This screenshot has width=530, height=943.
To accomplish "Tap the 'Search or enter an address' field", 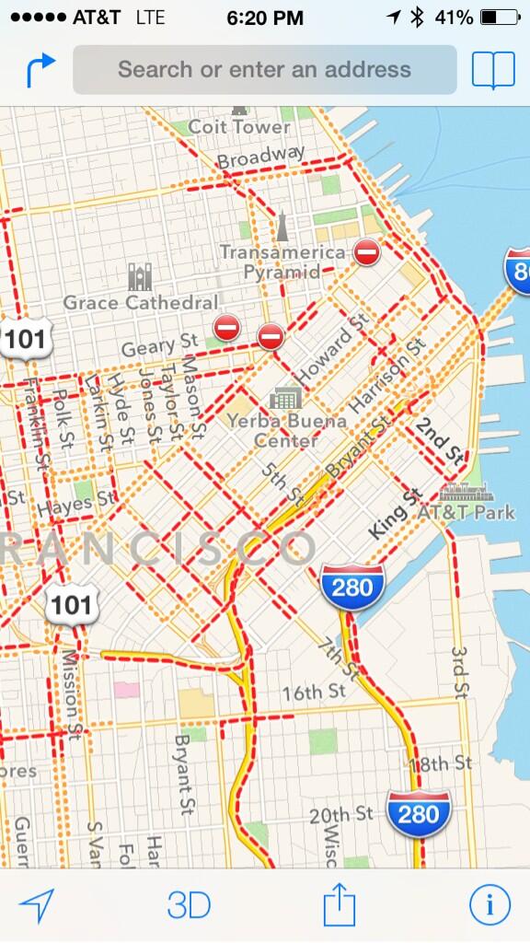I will click(x=264, y=69).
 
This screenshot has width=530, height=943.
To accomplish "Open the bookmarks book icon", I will click(x=493, y=70).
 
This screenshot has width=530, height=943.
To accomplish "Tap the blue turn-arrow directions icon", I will click(x=40, y=70).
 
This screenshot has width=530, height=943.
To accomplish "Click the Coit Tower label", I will click(x=239, y=126).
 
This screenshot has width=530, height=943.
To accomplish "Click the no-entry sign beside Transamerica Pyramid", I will click(x=366, y=251).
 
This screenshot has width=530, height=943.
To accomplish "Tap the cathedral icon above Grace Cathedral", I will click(x=140, y=275).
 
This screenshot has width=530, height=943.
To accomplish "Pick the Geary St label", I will click(x=160, y=347).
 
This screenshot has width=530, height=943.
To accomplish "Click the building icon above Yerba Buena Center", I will click(x=285, y=398).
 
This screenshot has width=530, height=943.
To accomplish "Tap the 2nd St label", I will click(x=438, y=439).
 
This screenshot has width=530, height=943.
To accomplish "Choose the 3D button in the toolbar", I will click(x=189, y=904).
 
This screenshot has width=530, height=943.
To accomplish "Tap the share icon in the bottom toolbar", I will click(x=339, y=904).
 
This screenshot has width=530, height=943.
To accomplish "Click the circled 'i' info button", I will click(x=490, y=904).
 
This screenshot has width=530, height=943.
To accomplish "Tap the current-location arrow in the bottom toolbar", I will click(x=37, y=904).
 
